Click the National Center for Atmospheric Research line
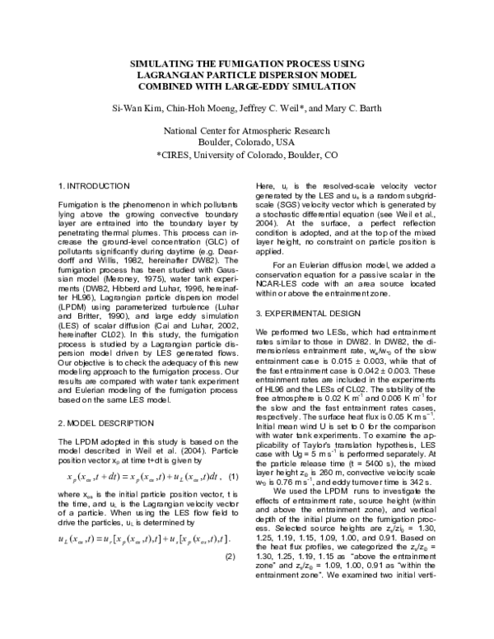click(x=246, y=131)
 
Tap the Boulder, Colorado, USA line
click(x=246, y=142)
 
